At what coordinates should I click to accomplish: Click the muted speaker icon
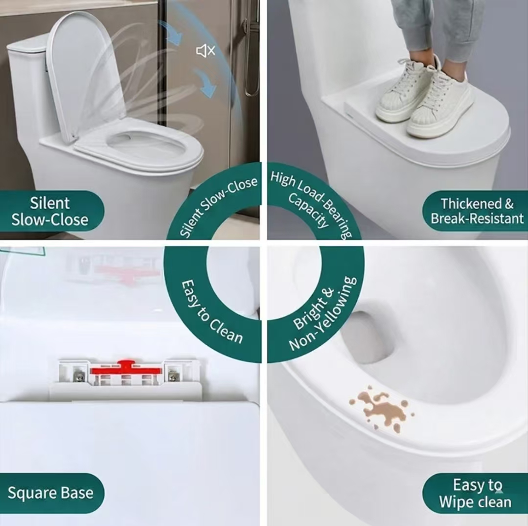point(206,51)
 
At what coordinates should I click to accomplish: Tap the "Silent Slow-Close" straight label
point(50,211)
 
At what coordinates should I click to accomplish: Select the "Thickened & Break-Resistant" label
point(477,211)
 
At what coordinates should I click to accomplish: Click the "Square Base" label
point(50,493)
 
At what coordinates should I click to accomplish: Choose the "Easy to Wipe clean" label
point(476,493)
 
